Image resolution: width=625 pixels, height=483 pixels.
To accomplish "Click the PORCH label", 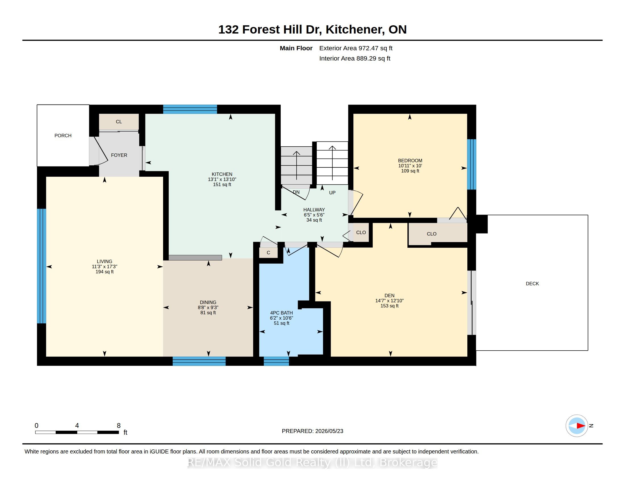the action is click(63, 136).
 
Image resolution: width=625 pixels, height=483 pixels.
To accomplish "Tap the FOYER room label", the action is click(119, 155).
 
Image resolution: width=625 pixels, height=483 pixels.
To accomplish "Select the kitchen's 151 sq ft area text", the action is click(222, 185).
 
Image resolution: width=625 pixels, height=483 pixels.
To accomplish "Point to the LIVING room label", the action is click(105, 261).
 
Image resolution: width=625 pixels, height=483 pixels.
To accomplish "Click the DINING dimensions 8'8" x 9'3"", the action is click(208, 308).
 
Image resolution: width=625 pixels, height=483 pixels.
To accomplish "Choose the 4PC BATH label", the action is click(282, 313).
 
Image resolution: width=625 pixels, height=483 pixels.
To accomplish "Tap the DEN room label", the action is click(389, 295).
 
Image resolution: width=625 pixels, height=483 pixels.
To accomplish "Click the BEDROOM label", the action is click(410, 161).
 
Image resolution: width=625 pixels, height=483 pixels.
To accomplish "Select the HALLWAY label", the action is click(314, 210).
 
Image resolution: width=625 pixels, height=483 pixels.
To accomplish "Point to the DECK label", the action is click(532, 284).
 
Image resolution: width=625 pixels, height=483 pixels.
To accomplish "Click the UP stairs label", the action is click(332, 193).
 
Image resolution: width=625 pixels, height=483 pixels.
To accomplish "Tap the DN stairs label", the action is click(296, 192).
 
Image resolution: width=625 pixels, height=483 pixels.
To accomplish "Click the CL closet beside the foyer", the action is click(119, 122).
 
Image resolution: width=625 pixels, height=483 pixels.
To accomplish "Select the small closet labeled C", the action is click(268, 253).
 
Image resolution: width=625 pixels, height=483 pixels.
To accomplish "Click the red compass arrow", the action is click(581, 426).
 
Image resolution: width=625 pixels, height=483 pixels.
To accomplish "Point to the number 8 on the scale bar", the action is click(119, 426).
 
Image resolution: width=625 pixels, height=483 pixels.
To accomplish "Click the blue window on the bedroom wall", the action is click(472, 165).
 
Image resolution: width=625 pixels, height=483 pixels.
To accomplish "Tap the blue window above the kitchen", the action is click(190, 109).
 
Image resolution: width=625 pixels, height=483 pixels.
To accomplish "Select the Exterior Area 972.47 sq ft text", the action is click(356, 48).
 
